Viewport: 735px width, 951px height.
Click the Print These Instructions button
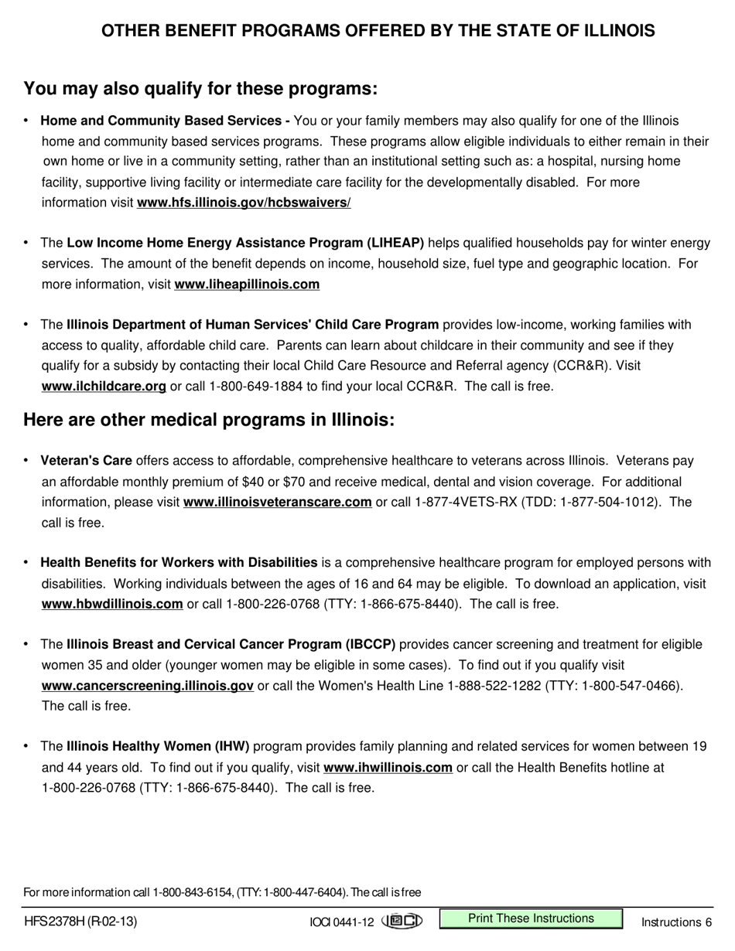[x=531, y=919]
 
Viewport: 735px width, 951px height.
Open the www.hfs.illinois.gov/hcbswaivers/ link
[x=244, y=203]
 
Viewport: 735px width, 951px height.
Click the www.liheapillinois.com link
[x=247, y=285]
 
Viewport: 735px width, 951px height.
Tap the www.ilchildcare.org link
[x=104, y=386]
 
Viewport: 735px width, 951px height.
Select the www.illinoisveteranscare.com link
[x=277, y=503]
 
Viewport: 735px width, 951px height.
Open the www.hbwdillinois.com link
[x=112, y=604]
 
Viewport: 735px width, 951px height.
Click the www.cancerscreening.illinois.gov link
[x=147, y=685]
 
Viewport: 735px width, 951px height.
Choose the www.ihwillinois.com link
[x=388, y=768]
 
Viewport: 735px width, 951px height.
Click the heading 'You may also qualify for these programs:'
[x=200, y=89]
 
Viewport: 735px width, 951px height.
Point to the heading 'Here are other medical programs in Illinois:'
[x=209, y=420]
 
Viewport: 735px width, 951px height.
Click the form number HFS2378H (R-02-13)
[x=81, y=922]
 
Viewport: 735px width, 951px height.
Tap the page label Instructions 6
[x=676, y=922]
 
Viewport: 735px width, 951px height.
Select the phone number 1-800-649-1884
[x=257, y=386]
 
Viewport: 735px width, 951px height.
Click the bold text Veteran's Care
[x=86, y=461]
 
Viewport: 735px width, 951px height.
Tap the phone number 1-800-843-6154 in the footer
[x=193, y=892]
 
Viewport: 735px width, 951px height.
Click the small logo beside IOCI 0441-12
[x=402, y=921]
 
